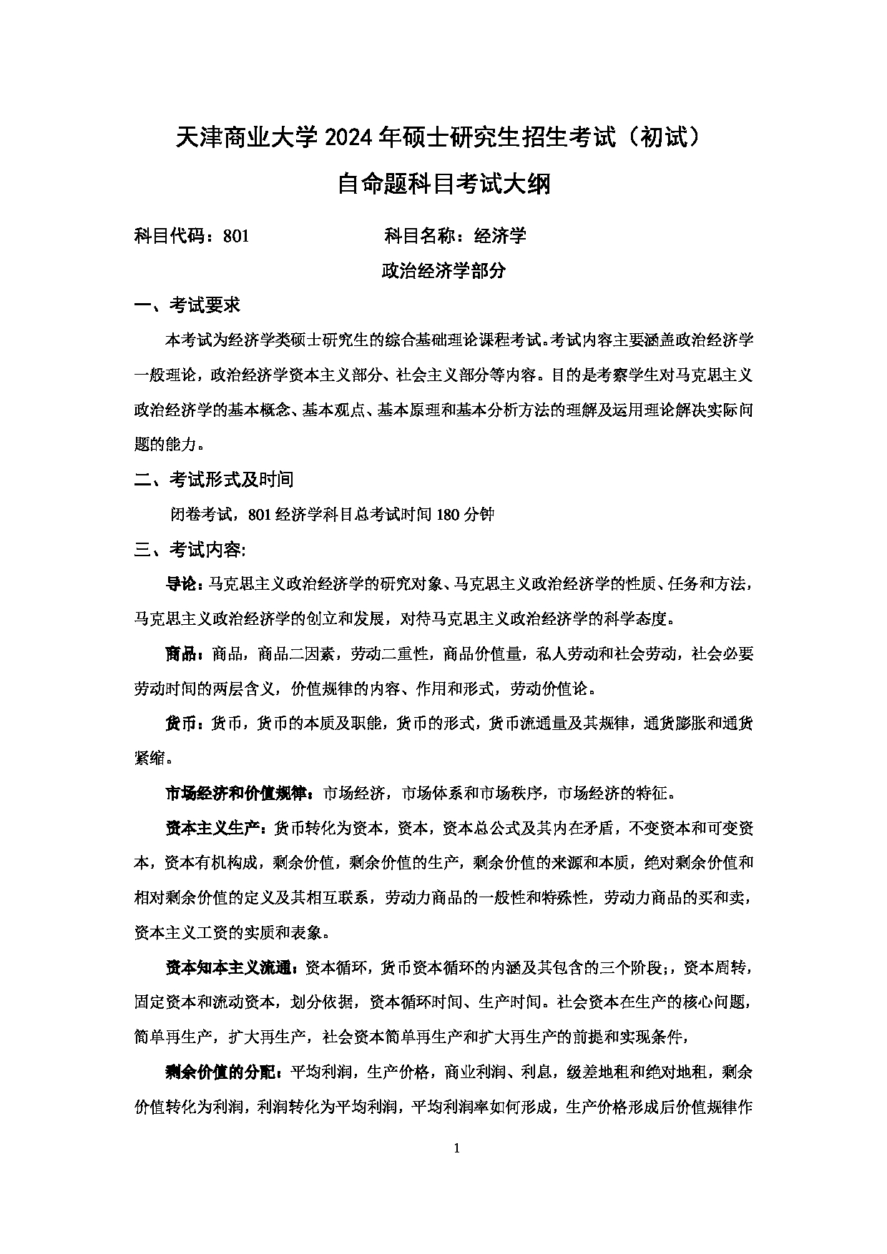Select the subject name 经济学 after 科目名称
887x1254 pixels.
click(505, 235)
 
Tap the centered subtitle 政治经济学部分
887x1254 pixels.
click(443, 271)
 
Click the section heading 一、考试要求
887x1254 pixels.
click(187, 305)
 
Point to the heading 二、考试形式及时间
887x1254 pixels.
click(214, 479)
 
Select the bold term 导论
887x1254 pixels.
click(184, 584)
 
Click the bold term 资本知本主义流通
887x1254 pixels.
click(230, 968)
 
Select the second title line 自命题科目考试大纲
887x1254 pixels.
click(443, 184)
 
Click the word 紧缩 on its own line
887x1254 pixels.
click(150, 759)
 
